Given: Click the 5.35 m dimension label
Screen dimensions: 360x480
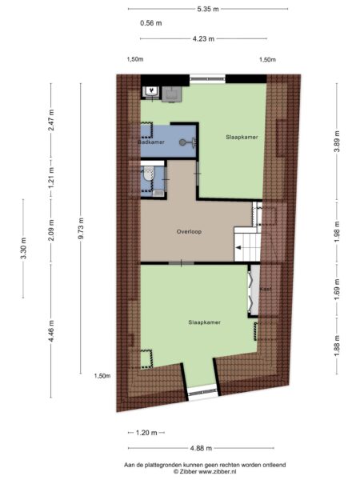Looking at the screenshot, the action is (208, 9).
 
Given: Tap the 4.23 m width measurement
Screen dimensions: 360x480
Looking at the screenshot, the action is (203, 39).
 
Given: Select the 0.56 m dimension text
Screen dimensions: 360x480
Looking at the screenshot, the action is (151, 23).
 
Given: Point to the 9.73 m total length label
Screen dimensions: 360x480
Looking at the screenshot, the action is (81, 228).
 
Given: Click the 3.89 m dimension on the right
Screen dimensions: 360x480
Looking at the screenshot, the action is (337, 141).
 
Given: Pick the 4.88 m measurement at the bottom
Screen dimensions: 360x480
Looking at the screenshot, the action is (201, 448).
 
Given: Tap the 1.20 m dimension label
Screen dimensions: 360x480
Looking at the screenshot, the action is (146, 433).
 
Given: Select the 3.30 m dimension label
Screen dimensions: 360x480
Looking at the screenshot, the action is (23, 248).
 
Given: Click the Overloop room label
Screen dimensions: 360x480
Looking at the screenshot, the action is (189, 232).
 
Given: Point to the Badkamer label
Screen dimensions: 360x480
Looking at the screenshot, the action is (151, 142).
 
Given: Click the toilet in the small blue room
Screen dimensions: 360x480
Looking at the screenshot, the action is (149, 174).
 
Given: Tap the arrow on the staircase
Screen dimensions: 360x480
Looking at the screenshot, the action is (238, 248).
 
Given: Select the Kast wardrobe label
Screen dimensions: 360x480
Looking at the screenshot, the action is (266, 289).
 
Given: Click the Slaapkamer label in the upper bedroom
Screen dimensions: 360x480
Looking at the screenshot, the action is (242, 137).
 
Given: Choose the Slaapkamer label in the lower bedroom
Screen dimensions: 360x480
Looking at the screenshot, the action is (205, 322).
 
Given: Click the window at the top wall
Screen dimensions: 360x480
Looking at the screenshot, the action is (207, 78).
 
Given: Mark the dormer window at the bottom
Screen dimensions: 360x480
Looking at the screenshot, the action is (203, 393).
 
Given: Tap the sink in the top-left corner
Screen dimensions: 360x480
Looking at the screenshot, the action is (151, 91).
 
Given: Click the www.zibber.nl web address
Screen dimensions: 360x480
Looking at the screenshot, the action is (218, 472).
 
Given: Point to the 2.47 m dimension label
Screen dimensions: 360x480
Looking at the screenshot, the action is (51, 121).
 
